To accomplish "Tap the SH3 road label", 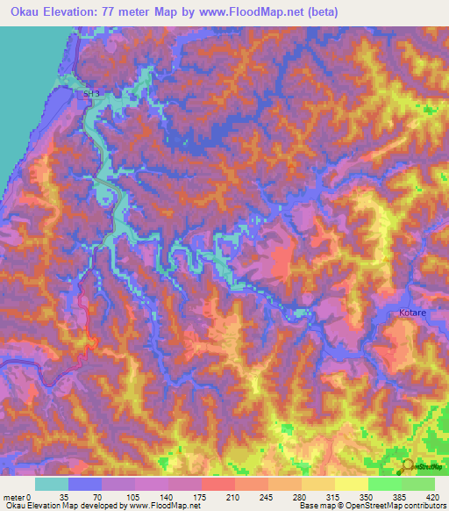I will point(91,94).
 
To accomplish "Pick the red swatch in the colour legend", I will point(217,484).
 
